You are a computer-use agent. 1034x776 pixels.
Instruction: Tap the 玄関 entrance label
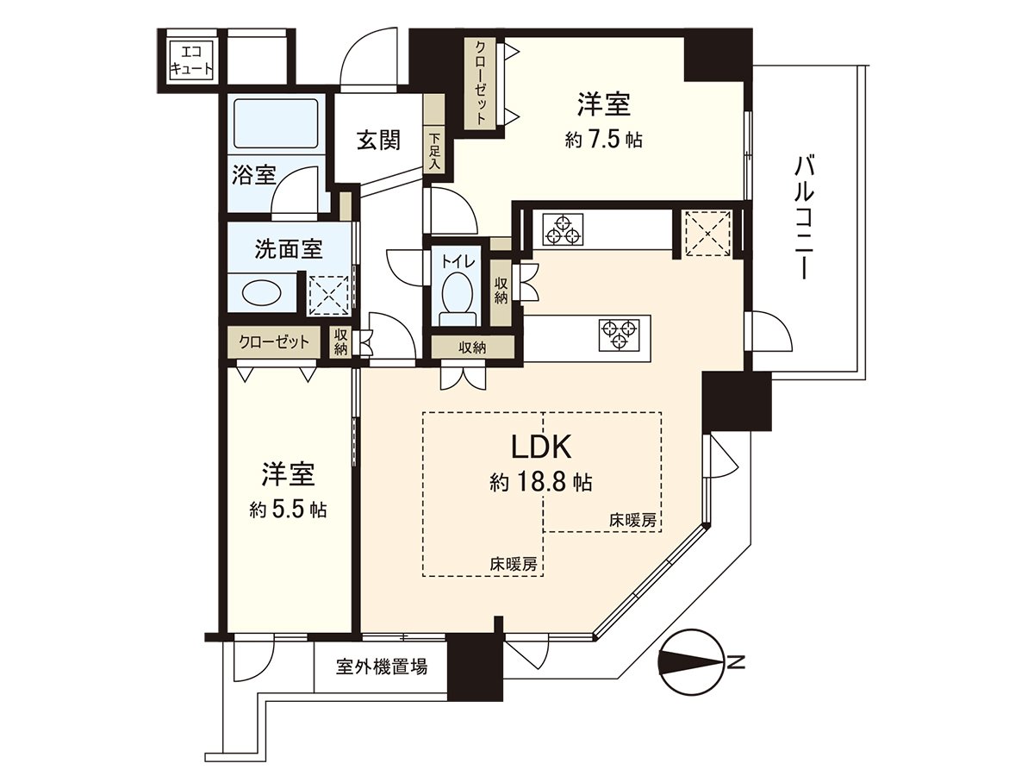tap(377, 140)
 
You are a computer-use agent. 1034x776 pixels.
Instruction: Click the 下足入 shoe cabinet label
tap(435, 150)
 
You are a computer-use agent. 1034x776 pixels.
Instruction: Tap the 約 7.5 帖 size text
tap(603, 140)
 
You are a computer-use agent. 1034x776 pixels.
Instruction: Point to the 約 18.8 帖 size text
tap(541, 483)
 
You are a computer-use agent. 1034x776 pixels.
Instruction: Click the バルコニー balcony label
tap(805, 216)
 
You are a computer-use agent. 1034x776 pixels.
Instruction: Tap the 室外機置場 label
tap(381, 666)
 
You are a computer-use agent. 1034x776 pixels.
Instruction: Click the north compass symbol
tap(691, 662)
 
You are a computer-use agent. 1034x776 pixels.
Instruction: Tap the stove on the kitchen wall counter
tap(564, 229)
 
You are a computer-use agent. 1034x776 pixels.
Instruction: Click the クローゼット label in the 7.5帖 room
tap(480, 84)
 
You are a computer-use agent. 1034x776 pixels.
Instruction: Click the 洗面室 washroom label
tap(288, 249)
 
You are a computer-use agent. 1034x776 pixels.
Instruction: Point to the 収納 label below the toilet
tap(472, 347)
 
